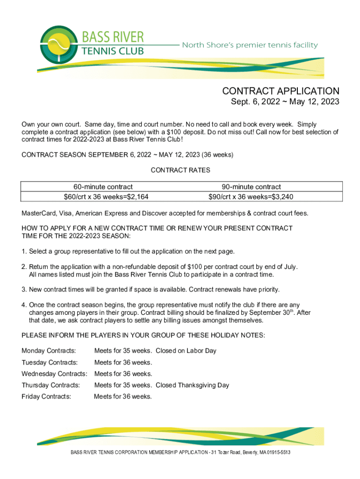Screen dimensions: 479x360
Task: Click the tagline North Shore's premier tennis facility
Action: (250, 45)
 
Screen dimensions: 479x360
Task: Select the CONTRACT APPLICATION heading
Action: (281, 91)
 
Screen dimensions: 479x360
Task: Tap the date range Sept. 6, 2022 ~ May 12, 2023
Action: (285, 102)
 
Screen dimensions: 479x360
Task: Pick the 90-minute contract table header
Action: (251, 187)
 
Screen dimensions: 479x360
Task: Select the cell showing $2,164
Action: (106, 196)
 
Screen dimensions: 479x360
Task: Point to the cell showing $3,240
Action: (251, 196)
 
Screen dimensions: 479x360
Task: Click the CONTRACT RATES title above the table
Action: (180, 170)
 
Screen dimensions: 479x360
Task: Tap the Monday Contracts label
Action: (49, 351)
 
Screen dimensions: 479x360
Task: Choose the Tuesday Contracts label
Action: (49, 363)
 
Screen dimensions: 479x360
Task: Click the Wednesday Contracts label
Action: (54, 374)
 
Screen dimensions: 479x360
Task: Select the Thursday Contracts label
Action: (50, 385)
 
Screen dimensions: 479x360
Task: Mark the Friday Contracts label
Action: (46, 396)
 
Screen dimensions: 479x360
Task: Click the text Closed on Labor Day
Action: (186, 351)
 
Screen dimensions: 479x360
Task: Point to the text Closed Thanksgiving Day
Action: (192, 385)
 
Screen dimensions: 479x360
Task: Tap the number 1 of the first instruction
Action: (23, 252)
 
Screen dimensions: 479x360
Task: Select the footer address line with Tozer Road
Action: (180, 453)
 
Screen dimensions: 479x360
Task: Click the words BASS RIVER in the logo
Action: (113, 36)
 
